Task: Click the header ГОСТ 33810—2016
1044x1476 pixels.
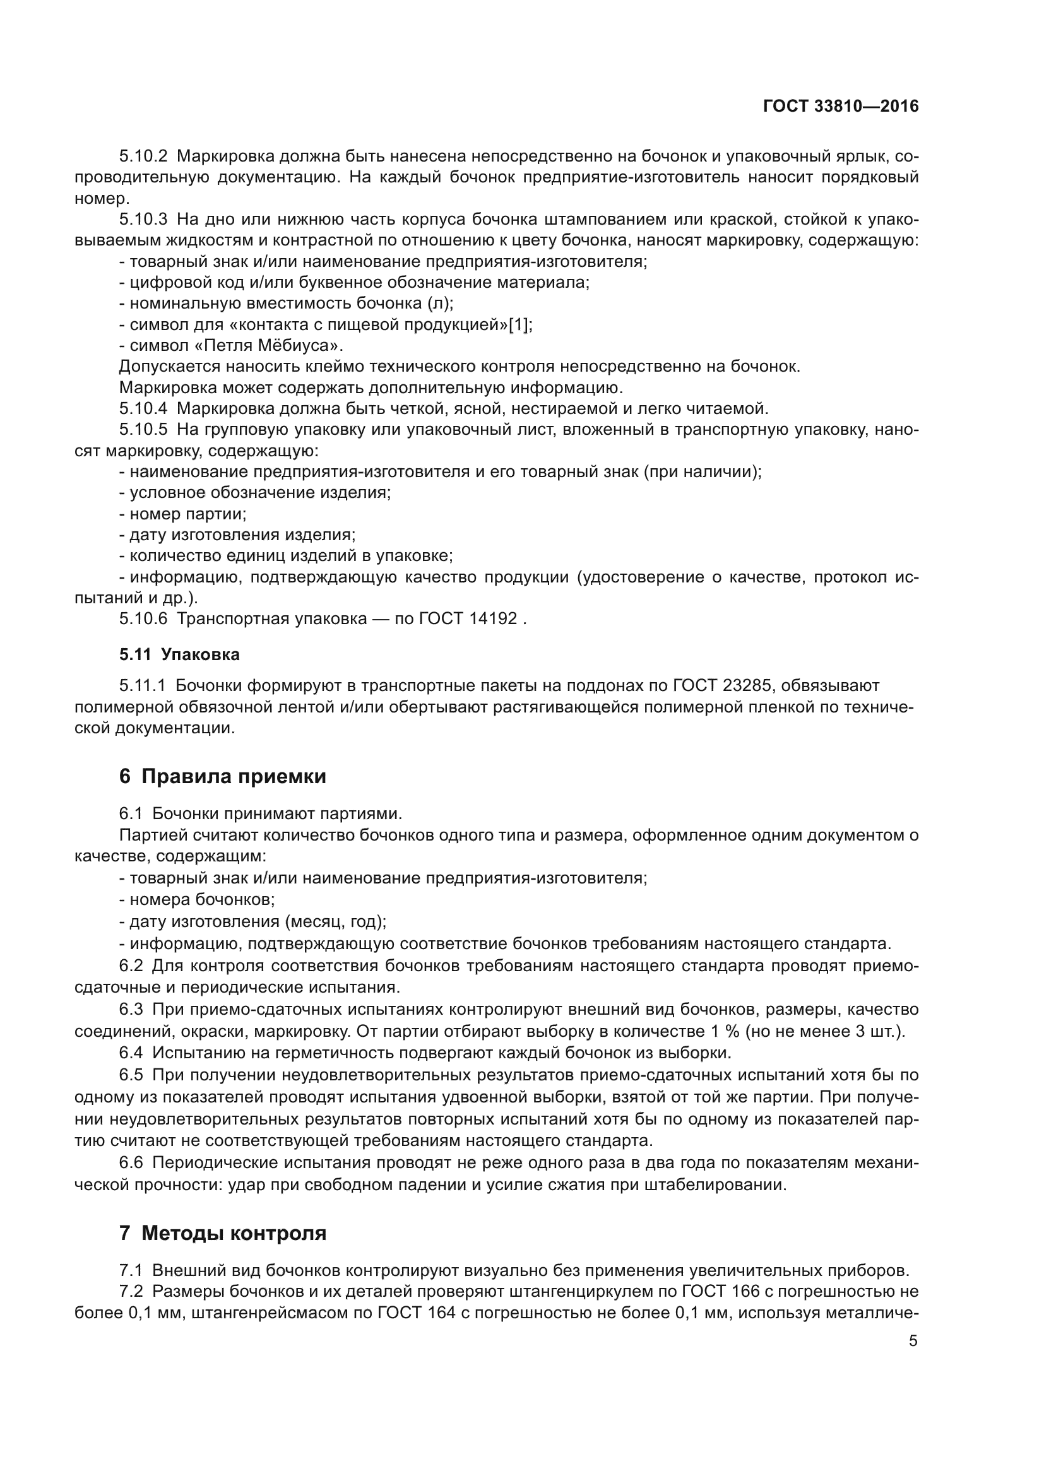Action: tap(840, 107)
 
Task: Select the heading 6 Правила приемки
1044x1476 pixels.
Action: tap(222, 776)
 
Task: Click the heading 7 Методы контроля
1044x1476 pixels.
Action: tap(222, 1233)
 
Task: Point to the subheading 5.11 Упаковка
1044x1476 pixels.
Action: tap(179, 654)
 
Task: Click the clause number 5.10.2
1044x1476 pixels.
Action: tap(143, 156)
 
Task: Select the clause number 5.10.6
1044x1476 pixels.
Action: tap(143, 618)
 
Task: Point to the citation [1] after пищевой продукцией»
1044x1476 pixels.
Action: tap(519, 324)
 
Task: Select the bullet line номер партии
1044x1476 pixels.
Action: tap(183, 514)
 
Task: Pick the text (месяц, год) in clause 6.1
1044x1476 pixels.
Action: tap(334, 921)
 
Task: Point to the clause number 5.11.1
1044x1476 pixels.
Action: tap(143, 685)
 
